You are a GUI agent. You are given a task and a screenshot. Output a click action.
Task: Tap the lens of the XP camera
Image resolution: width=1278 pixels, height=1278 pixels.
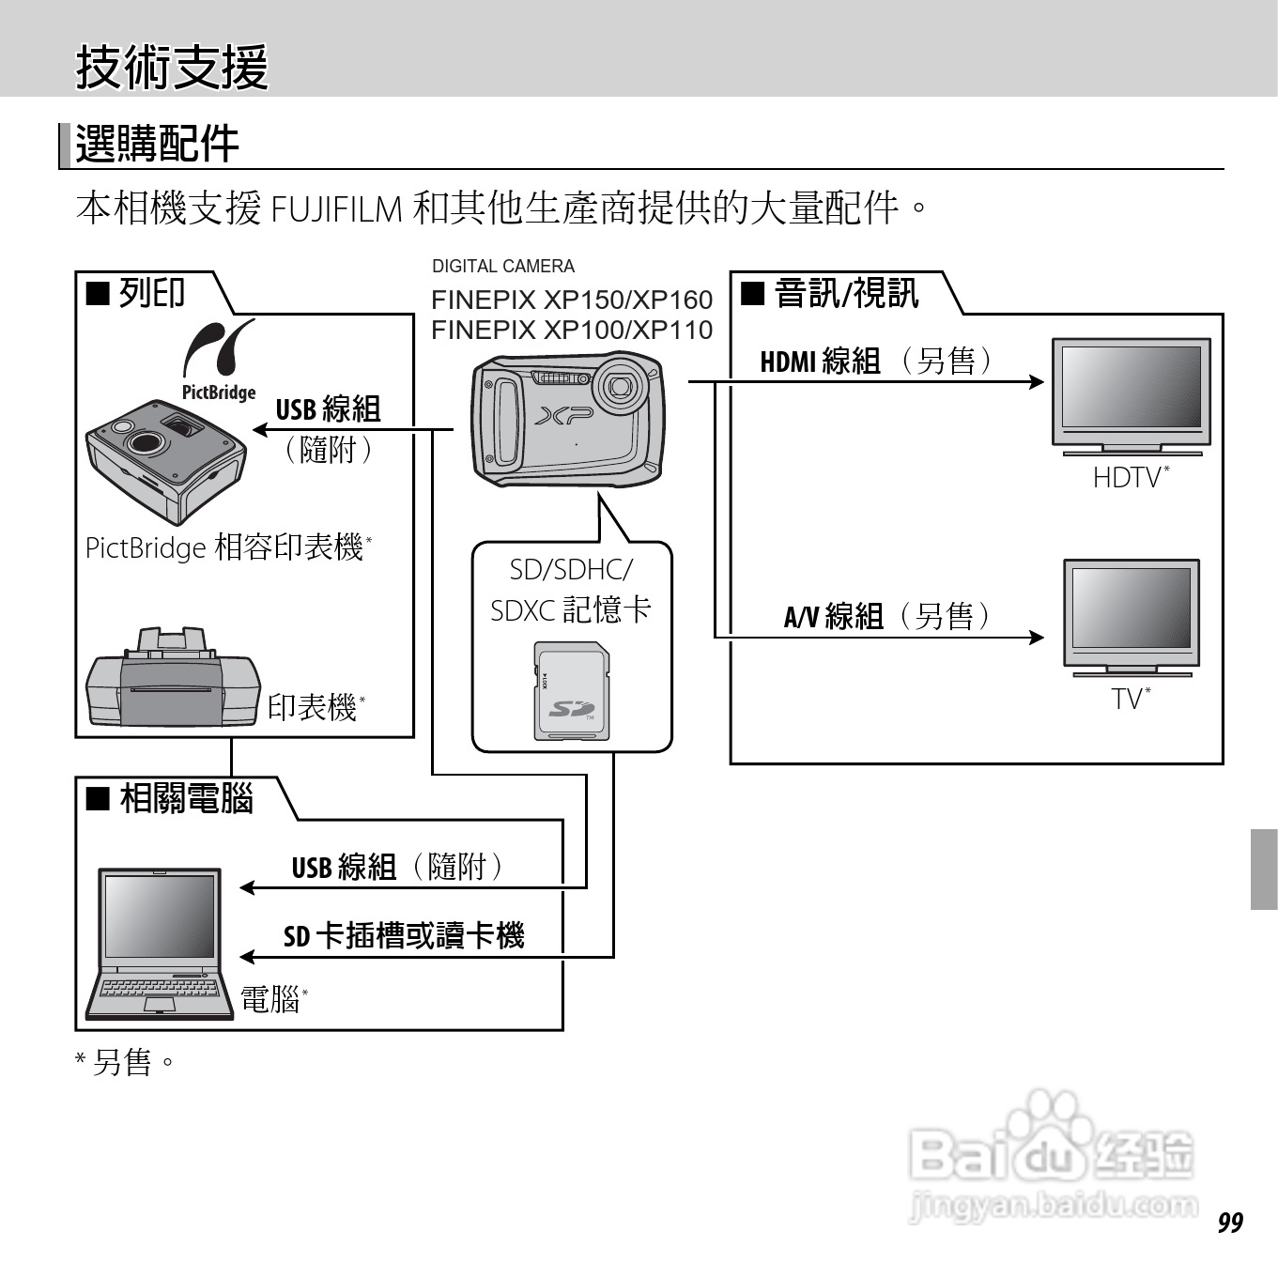620,384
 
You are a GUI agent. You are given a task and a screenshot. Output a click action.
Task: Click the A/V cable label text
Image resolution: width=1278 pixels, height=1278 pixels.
886,617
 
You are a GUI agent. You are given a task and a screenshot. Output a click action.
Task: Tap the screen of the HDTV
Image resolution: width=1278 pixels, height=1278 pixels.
1131,386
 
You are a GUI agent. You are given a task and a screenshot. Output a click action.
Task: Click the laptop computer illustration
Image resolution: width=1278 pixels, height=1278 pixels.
161,944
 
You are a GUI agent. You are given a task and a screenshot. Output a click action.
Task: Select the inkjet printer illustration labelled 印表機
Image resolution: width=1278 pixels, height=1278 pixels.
172,680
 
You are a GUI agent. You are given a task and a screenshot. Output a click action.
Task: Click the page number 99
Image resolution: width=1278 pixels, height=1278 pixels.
1230,1222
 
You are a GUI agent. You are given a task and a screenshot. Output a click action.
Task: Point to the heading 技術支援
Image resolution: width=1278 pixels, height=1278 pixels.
172,67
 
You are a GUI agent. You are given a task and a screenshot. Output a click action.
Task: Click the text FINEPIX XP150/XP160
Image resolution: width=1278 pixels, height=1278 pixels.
571,300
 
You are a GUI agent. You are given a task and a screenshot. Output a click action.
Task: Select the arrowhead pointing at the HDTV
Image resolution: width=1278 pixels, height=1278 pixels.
1037,381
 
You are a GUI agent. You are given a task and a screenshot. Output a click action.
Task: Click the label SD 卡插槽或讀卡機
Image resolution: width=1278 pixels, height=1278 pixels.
404,935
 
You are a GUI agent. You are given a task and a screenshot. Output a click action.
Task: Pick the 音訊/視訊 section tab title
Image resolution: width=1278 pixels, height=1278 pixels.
845,293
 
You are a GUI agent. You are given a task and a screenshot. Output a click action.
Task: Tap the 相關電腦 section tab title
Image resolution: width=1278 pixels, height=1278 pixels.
186,799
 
